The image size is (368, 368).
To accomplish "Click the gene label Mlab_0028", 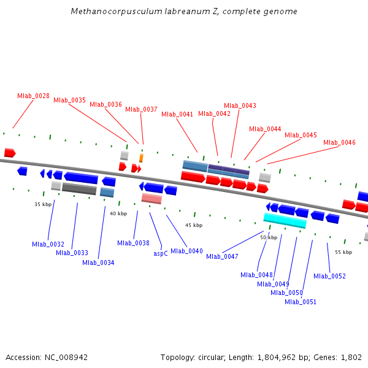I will click(33, 96).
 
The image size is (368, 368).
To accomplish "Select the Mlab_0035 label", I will click(69, 100).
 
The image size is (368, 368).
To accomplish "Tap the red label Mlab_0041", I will click(177, 114).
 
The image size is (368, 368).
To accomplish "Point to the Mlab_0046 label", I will click(339, 142).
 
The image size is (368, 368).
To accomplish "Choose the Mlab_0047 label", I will click(222, 256).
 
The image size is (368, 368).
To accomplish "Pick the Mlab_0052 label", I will click(329, 276).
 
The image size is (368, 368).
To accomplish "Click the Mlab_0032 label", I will click(48, 244).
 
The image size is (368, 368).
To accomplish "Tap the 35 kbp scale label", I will click(43, 204).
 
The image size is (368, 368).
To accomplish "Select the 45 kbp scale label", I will click(194, 225).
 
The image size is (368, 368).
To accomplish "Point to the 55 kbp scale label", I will click(343, 252).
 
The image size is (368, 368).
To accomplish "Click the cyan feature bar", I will click(285, 220).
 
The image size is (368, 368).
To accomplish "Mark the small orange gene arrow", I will click(141, 158).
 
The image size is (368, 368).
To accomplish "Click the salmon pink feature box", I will click(151, 198).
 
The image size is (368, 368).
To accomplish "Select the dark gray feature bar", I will click(79, 188).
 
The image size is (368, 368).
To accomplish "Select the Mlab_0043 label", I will click(240, 105).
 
